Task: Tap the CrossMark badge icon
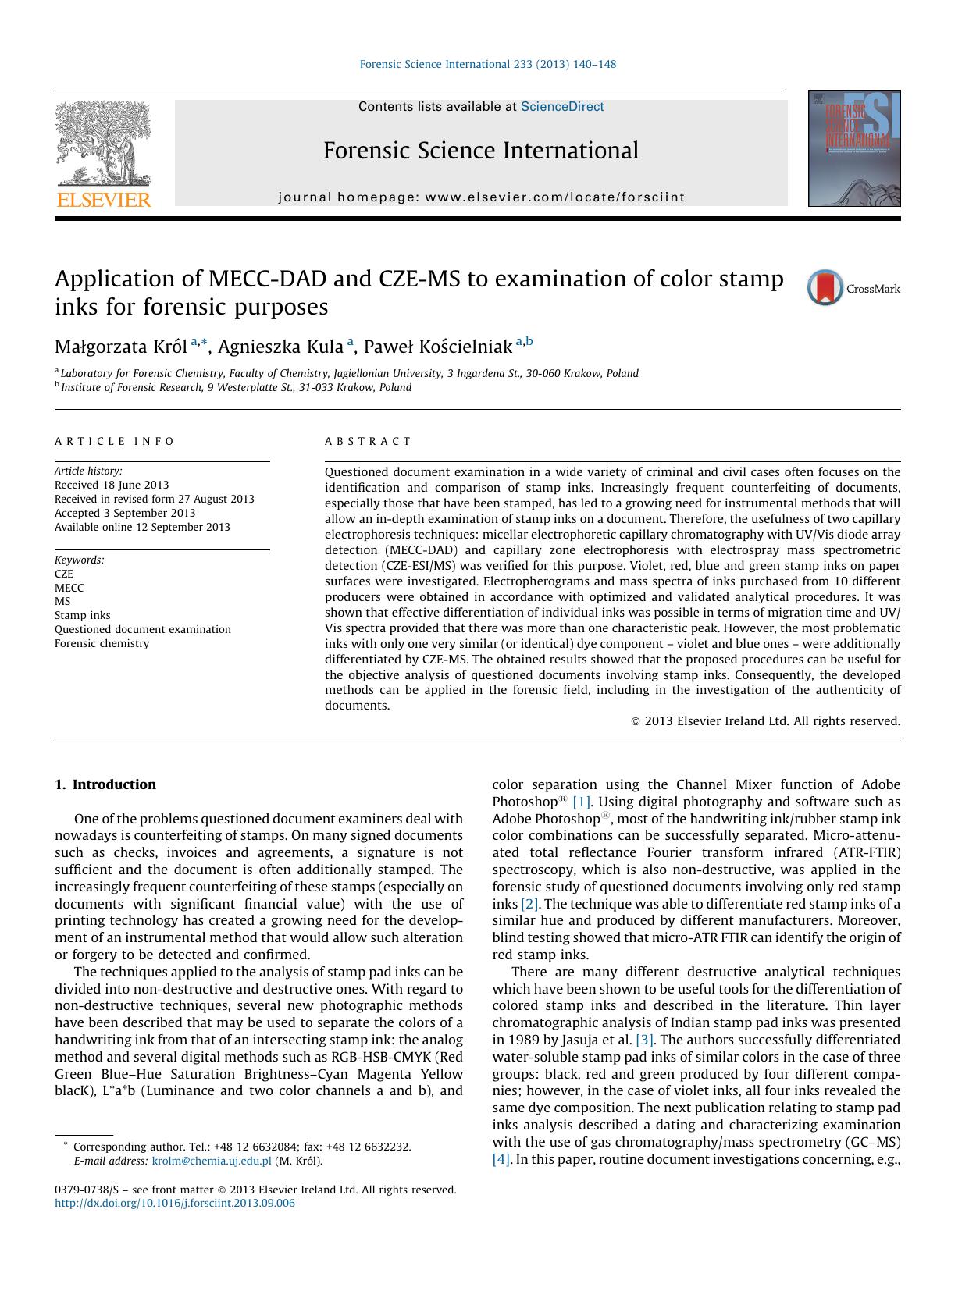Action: pyautogui.click(x=825, y=287)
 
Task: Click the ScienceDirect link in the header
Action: pyautogui.click(x=562, y=107)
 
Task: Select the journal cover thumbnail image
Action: pyautogui.click(x=854, y=148)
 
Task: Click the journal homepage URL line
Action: pyautogui.click(x=481, y=197)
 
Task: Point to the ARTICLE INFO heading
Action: pyautogui.click(x=115, y=441)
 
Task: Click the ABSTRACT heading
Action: pyautogui.click(x=368, y=441)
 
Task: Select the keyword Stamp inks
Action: pyautogui.click(x=83, y=615)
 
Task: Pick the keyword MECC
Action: pyautogui.click(x=69, y=588)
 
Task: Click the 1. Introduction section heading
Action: pyautogui.click(x=105, y=784)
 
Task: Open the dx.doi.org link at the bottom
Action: pyautogui.click(x=175, y=1203)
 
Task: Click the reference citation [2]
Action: pyautogui.click(x=529, y=904)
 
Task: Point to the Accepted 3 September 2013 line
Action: pyautogui.click(x=125, y=513)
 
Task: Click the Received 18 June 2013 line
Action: pyautogui.click(x=112, y=485)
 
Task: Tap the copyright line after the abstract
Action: pyautogui.click(x=765, y=721)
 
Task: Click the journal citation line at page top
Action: pyautogui.click(x=488, y=64)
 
